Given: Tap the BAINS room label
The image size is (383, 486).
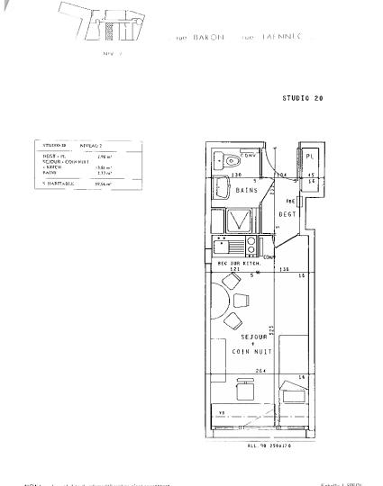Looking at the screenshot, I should [246, 191].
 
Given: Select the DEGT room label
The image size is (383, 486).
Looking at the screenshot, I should [287, 214].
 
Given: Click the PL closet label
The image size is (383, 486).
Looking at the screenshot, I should [308, 156].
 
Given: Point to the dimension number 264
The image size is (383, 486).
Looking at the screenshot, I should [260, 371].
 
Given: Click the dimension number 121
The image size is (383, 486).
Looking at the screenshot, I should [234, 269].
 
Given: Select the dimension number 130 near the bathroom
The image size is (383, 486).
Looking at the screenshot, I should [237, 175].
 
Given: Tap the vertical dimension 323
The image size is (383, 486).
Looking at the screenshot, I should [270, 330].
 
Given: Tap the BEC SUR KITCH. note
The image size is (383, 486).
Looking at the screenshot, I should [238, 263].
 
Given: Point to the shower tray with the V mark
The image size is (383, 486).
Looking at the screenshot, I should [241, 220].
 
